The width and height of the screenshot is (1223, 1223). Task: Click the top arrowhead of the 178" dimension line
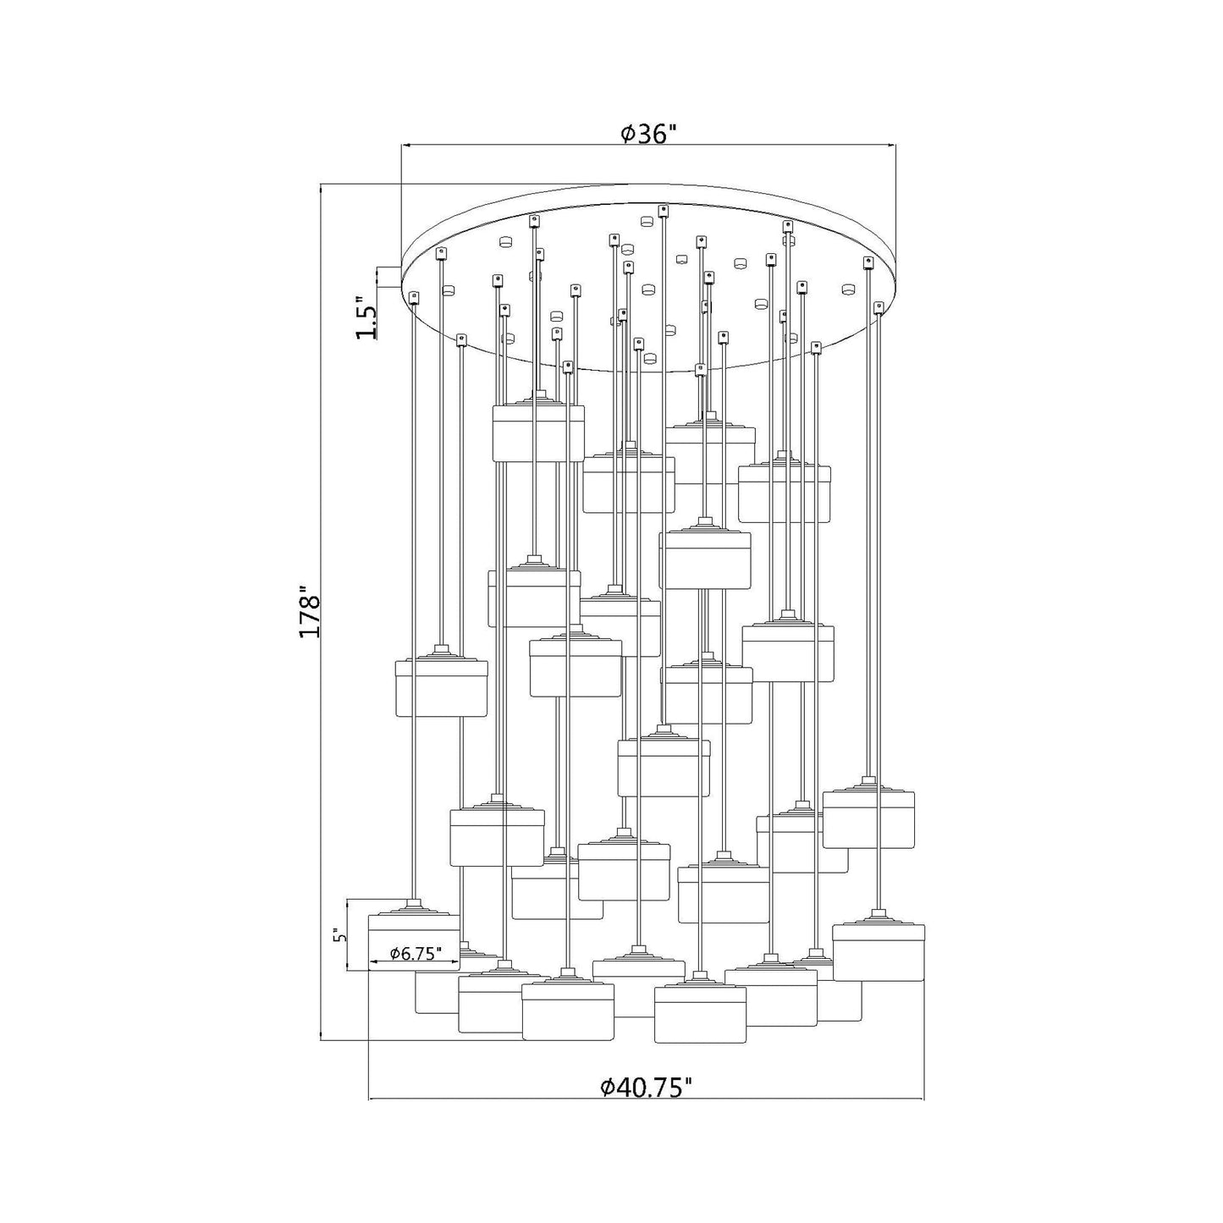(x=322, y=190)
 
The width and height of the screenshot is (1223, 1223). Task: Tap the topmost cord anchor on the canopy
(x=664, y=210)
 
